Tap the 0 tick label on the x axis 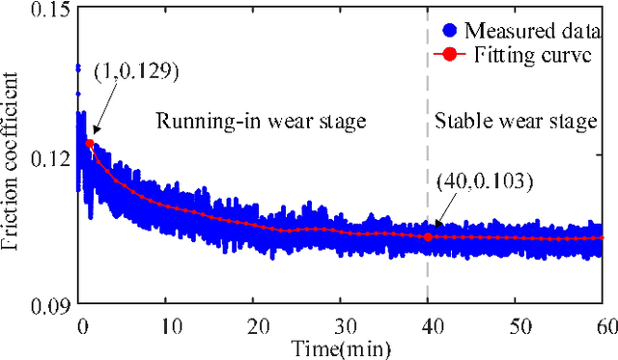80,325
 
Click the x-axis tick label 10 166,325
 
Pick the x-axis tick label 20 253,325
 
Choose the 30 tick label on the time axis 341,325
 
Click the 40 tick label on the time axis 428,325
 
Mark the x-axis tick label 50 516,325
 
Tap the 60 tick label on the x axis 603,325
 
